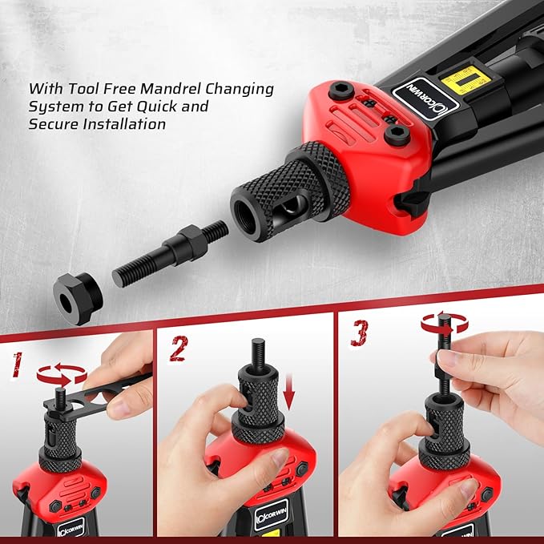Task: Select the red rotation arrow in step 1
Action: tap(62, 373)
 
